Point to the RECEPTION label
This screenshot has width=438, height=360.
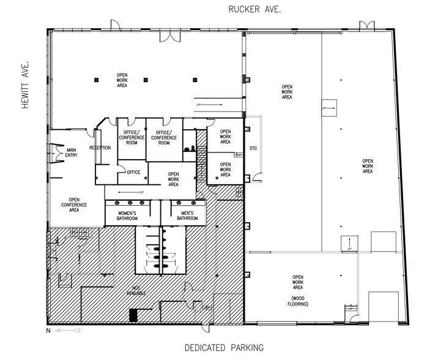pyautogui.click(x=100, y=148)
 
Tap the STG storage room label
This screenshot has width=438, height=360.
pyautogui.click(x=253, y=148)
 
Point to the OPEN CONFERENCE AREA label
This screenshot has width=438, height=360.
pyautogui.click(x=74, y=204)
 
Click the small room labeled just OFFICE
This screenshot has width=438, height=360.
pyautogui.click(x=133, y=172)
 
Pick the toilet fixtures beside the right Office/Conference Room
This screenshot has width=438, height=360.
pyautogui.click(x=190, y=148)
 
